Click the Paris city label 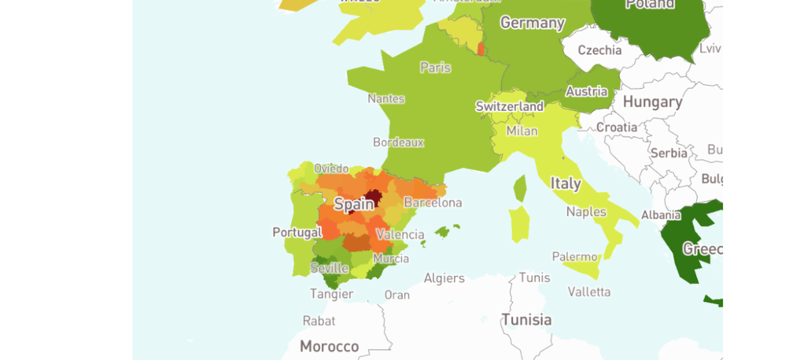coord(435,67)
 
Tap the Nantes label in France coord(386,99)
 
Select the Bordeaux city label coord(398,142)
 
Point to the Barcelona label coord(432,203)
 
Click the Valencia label coord(400,234)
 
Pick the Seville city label coord(329,268)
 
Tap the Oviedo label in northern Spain coord(331,168)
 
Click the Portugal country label coord(297,232)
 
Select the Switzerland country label coord(509,106)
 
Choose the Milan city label coord(522,131)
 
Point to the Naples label coord(586,211)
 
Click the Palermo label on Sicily coord(575,256)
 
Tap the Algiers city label coord(444,278)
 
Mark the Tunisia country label coord(527,320)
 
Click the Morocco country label coord(329,347)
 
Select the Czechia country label coord(599,50)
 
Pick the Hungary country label coord(652,102)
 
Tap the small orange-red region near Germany coord(480,48)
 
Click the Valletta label coord(589,291)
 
